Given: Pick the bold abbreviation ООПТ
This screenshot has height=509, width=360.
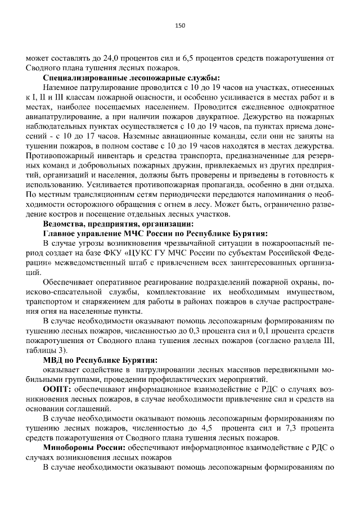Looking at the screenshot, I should (x=57, y=389).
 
